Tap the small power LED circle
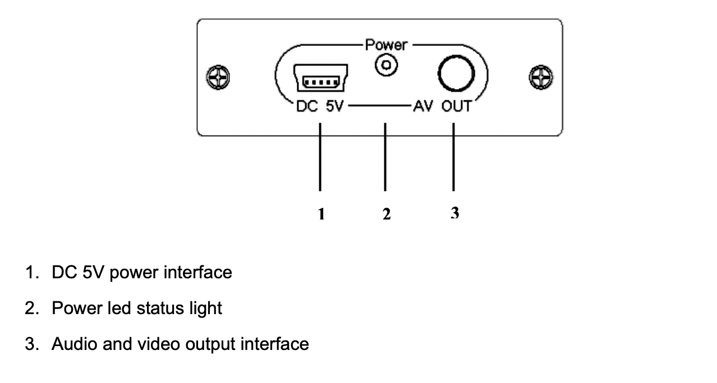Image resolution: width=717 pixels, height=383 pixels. (385, 66)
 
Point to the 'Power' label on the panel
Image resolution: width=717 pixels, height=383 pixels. (385, 45)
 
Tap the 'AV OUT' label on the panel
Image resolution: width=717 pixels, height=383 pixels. (442, 106)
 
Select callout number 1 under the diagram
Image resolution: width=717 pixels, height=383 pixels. (321, 213)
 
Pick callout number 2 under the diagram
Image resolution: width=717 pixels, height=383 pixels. (386, 213)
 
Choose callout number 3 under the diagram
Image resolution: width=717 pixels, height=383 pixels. (454, 213)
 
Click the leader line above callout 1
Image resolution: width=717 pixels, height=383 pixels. (320, 157)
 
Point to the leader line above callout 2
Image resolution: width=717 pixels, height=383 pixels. (385, 157)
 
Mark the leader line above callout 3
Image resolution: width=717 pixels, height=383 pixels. (453, 157)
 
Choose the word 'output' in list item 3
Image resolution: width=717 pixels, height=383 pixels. (210, 344)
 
